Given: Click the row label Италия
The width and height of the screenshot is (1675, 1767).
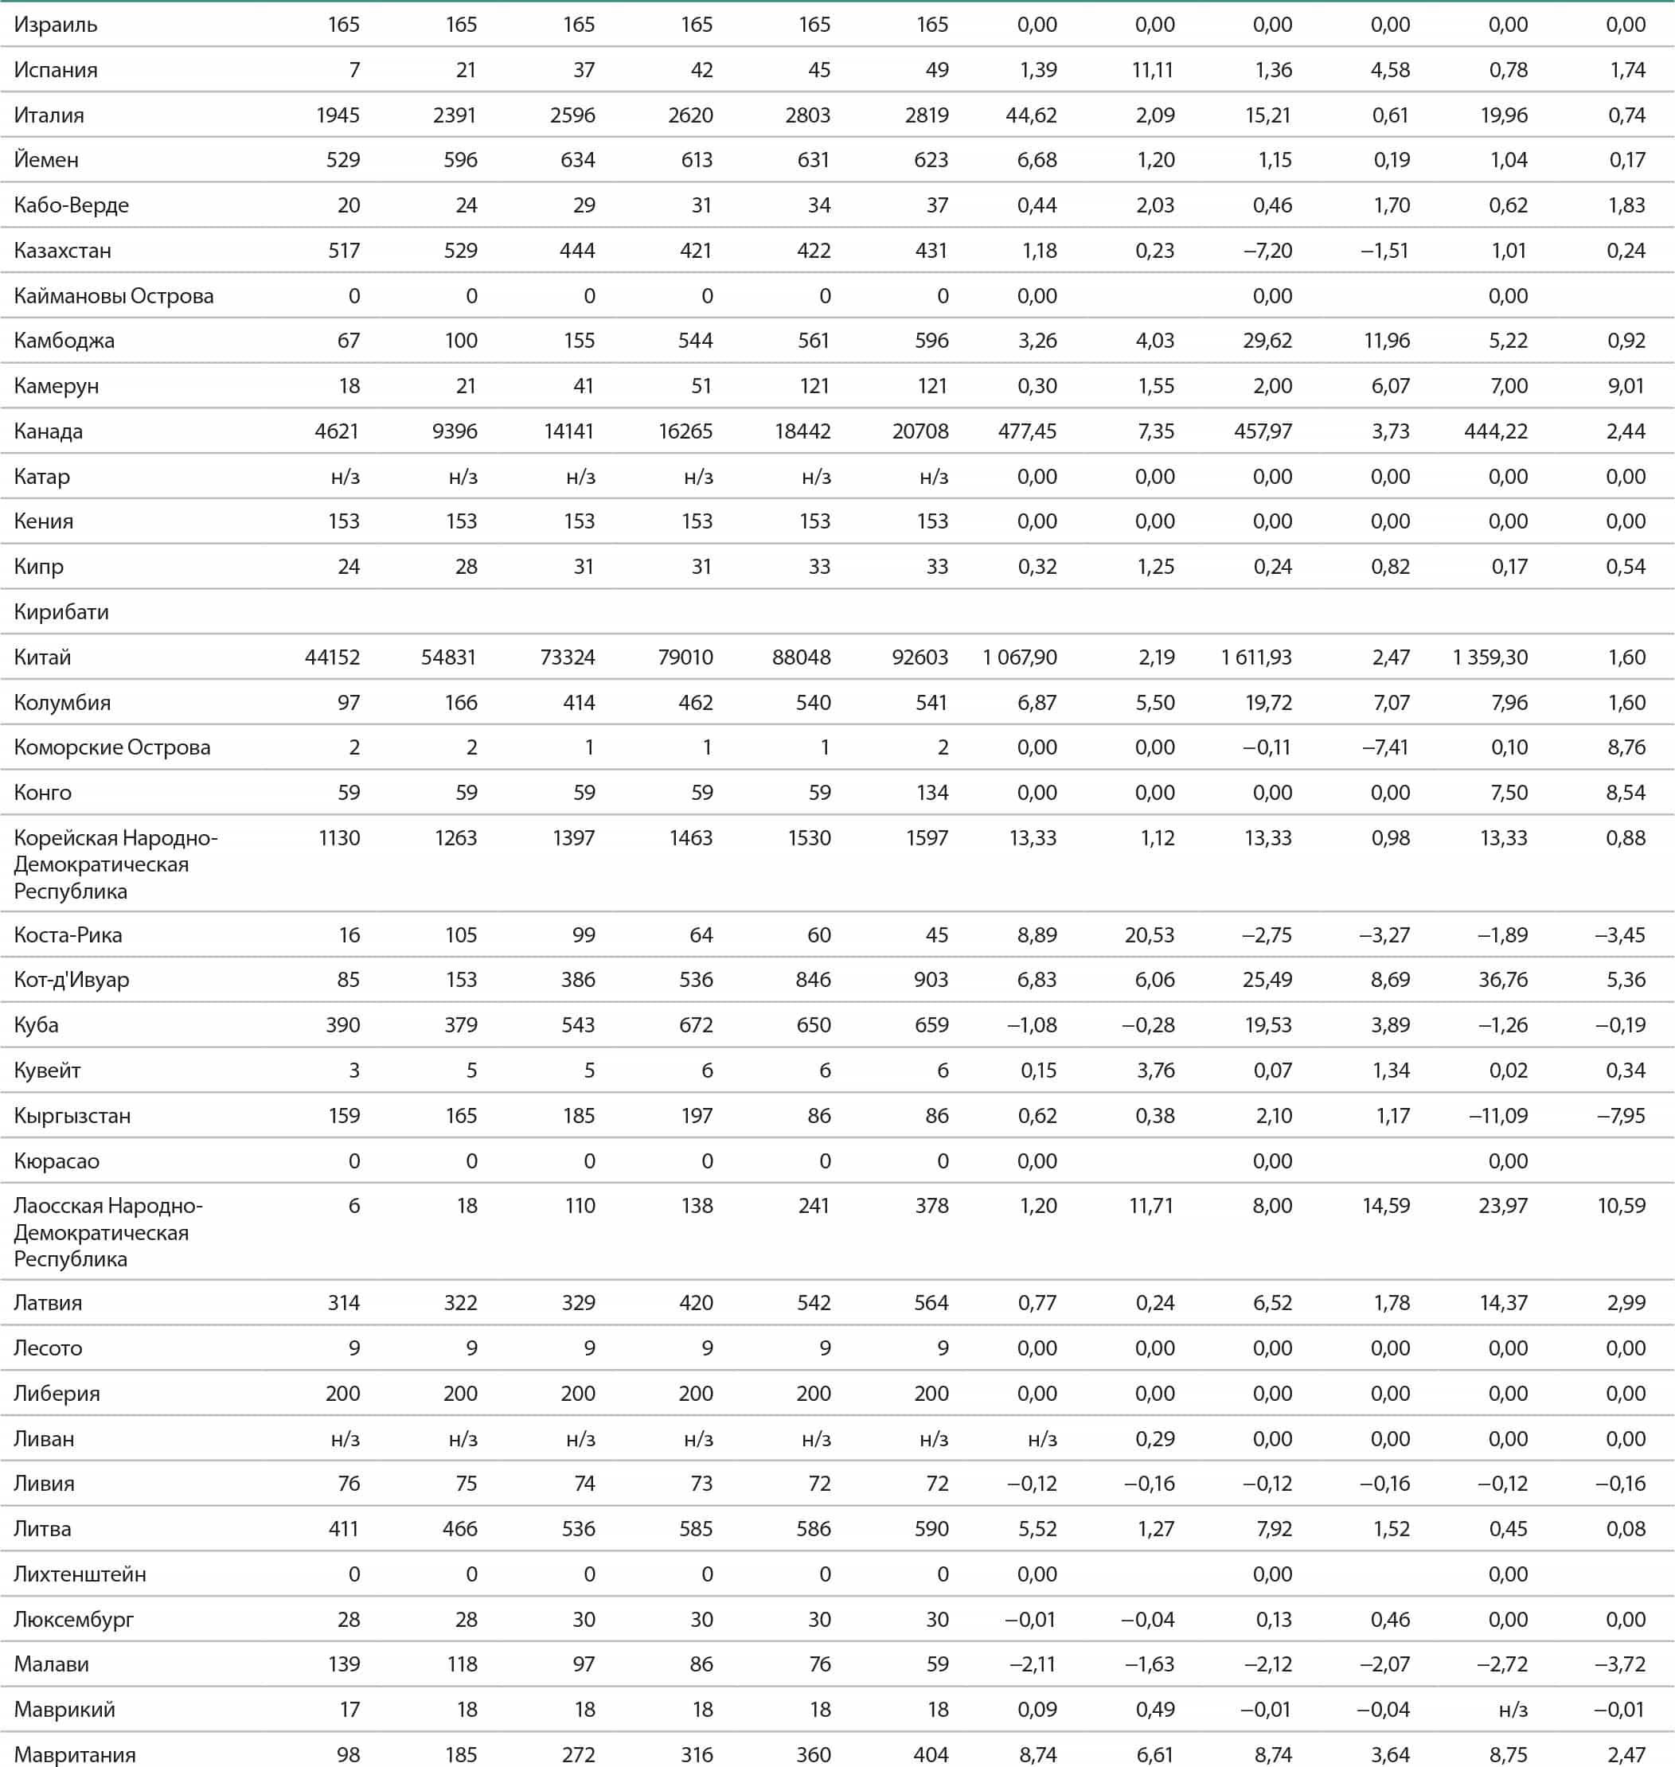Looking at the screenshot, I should (49, 115).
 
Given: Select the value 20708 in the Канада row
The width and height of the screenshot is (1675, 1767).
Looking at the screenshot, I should (919, 431).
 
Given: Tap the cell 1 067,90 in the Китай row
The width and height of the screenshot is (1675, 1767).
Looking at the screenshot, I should (1019, 657).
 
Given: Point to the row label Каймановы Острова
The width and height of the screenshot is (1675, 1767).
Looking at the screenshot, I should (113, 295).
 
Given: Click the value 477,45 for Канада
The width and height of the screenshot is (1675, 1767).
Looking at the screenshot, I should (1027, 431).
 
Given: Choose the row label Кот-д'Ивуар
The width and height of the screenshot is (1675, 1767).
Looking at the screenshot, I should (72, 980).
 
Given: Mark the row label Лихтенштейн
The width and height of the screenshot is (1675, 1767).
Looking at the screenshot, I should (80, 1574).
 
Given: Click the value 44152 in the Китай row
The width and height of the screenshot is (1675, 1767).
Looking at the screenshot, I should (332, 657).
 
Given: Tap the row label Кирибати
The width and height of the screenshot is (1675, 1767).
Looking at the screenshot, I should (61, 611).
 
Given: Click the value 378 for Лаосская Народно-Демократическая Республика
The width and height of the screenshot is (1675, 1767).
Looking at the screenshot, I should (931, 1205).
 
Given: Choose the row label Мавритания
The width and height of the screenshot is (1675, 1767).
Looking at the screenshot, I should (75, 1754).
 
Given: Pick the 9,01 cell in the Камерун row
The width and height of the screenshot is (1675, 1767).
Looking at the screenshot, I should (1626, 386).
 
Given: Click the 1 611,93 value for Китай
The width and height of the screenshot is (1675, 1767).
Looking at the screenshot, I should (1256, 657).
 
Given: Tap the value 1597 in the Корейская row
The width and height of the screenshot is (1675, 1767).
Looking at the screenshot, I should (927, 837).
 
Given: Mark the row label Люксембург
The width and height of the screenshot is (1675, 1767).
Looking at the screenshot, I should (73, 1620).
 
